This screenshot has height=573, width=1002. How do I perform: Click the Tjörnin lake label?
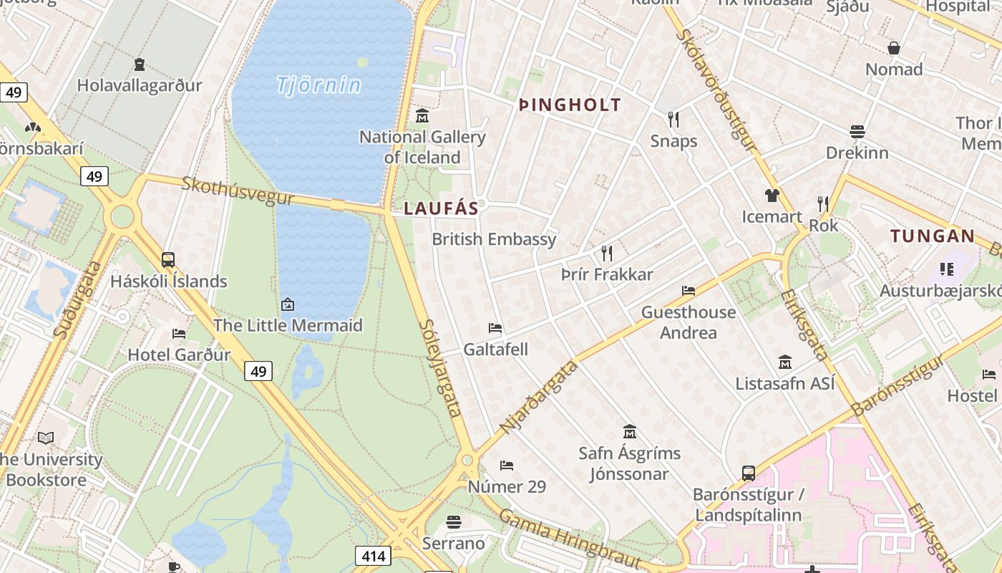pyautogui.click(x=318, y=85)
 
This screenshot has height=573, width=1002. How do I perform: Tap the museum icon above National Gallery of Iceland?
pyautogui.click(x=422, y=115)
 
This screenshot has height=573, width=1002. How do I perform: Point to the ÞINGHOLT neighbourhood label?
pyautogui.click(x=570, y=105)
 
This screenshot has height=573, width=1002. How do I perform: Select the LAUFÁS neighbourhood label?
pyautogui.click(x=441, y=208)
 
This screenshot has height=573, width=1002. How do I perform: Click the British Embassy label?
pyautogui.click(x=494, y=239)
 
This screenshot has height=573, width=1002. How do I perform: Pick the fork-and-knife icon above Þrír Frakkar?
pyautogui.click(x=607, y=253)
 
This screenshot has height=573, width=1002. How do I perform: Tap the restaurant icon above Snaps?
pyautogui.click(x=673, y=119)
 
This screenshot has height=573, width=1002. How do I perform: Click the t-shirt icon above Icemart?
pyautogui.click(x=772, y=195)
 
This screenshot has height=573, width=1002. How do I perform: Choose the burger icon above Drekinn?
pyautogui.click(x=857, y=131)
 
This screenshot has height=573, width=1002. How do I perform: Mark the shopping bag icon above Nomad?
pyautogui.click(x=894, y=48)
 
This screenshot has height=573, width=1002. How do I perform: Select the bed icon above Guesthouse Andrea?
pyautogui.click(x=689, y=291)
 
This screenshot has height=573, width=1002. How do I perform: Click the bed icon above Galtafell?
pyautogui.click(x=495, y=328)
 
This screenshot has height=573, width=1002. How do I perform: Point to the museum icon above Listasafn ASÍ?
pyautogui.click(x=785, y=362)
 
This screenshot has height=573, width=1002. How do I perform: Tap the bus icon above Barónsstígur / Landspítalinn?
pyautogui.click(x=749, y=473)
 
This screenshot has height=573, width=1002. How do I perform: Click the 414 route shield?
pyautogui.click(x=373, y=556)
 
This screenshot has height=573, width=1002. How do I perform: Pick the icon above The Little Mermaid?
pyautogui.click(x=288, y=304)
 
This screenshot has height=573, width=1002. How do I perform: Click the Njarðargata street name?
pyautogui.click(x=539, y=398)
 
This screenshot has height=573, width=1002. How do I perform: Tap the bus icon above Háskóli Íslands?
pyautogui.click(x=168, y=260)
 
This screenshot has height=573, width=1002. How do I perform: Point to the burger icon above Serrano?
pyautogui.click(x=454, y=521)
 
